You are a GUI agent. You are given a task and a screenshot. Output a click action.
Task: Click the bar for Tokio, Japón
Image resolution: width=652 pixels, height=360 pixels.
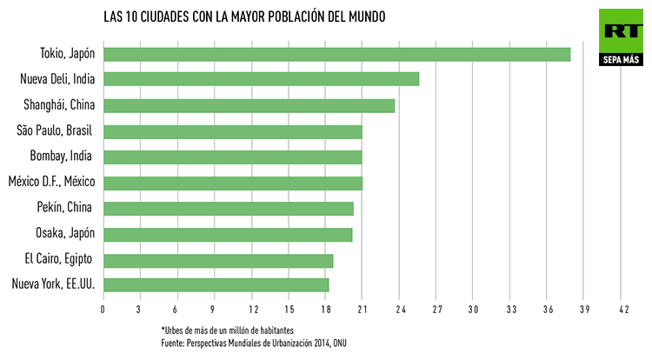click(x=336, y=54)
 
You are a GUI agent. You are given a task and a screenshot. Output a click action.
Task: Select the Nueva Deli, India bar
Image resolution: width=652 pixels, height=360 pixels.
click(x=261, y=79)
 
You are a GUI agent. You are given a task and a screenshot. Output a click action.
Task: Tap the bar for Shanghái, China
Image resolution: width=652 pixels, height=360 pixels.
click(x=249, y=105)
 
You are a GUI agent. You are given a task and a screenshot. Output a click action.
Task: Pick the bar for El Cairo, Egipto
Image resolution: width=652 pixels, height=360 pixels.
click(x=218, y=260)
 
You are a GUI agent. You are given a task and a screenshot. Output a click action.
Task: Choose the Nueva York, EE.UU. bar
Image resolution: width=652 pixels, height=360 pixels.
click(x=216, y=285)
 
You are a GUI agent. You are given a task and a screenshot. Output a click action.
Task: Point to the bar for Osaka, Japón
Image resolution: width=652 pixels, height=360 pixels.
click(x=228, y=234)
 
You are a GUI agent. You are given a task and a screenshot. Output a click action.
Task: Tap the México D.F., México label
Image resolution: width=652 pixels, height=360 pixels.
click(x=51, y=183)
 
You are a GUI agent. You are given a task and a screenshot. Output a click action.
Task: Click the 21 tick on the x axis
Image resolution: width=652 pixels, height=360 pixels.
click(x=362, y=310)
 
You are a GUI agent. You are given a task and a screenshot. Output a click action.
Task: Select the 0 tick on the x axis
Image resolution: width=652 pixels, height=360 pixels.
click(x=103, y=310)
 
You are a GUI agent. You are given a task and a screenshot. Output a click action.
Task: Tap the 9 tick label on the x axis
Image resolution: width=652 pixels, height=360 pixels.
click(x=215, y=310)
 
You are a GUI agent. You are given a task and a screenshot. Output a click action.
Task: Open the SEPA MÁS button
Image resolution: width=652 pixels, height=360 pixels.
click(x=620, y=60)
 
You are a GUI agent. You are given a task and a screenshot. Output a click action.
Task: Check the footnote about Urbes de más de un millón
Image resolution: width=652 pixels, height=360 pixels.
click(x=227, y=330)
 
